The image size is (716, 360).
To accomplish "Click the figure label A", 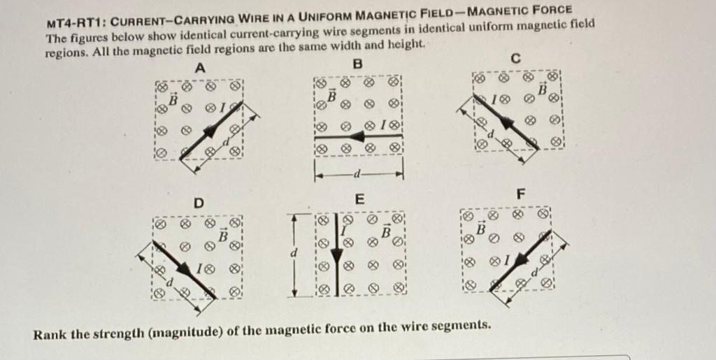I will (200, 69).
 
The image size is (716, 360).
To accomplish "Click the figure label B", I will (359, 64).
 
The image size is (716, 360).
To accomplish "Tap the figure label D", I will (199, 203).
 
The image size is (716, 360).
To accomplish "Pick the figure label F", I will (519, 193).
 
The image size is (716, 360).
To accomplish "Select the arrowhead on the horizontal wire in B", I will (359, 138).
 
